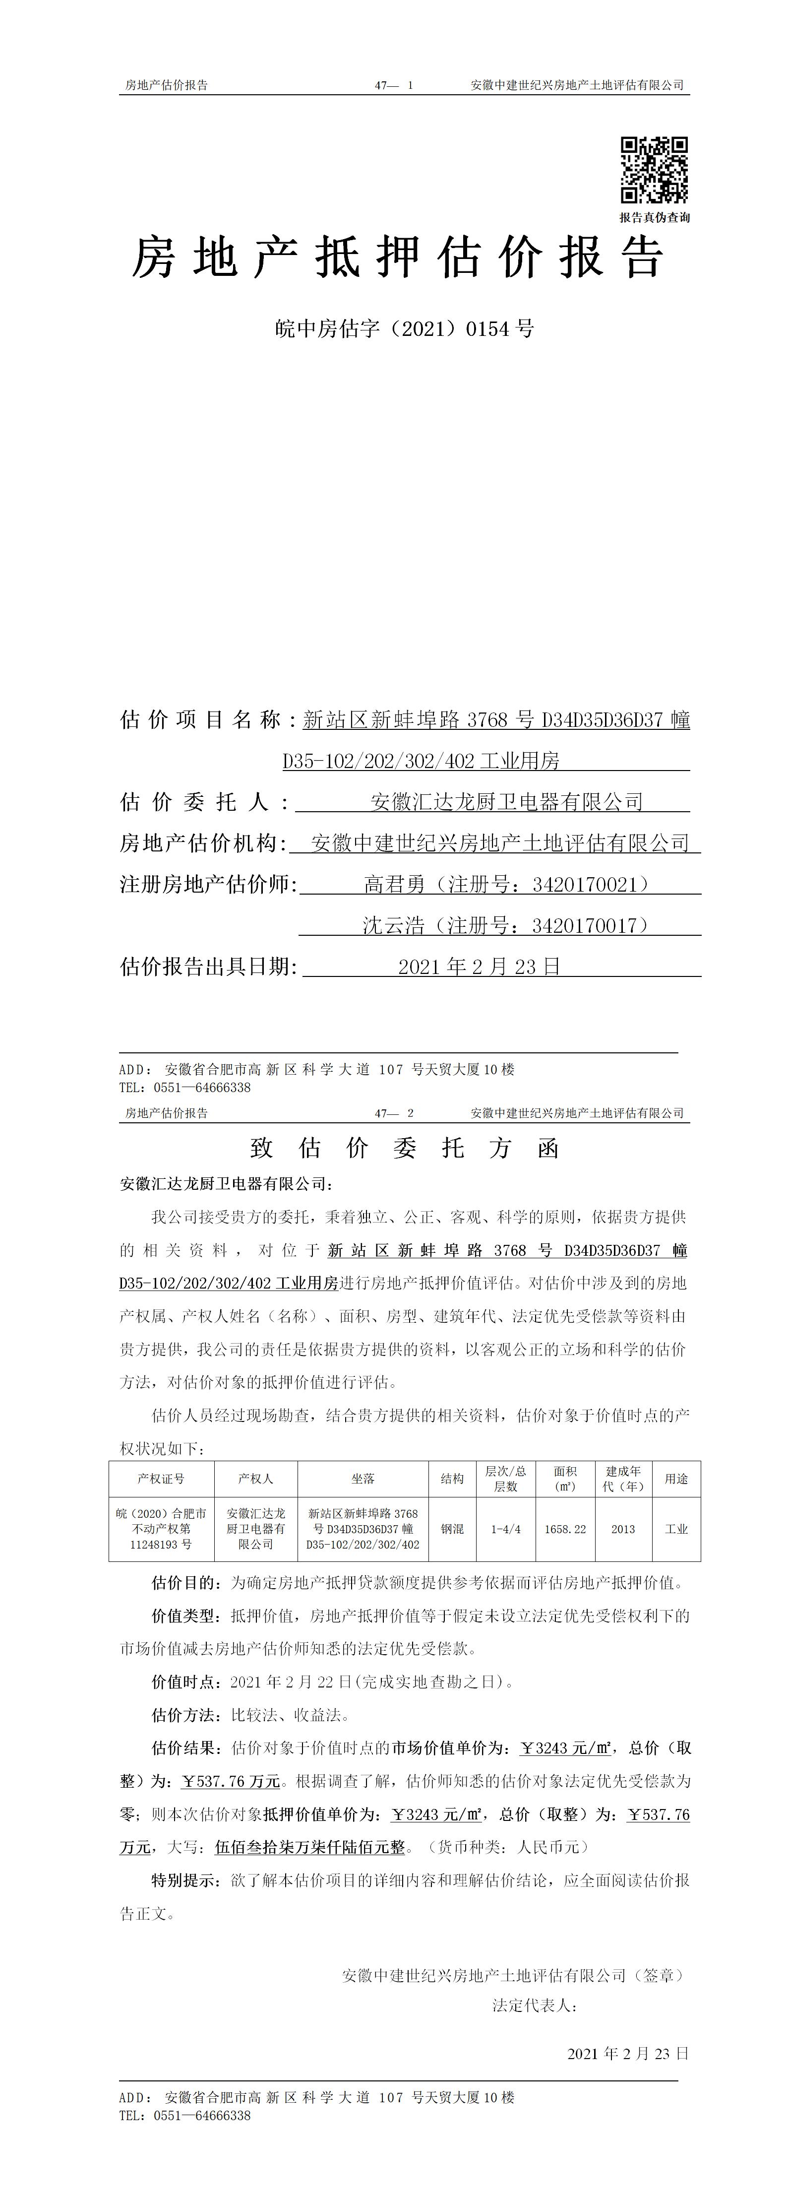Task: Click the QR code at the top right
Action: coord(654,170)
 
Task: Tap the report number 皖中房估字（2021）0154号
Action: coord(405,328)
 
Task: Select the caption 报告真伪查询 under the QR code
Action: coord(655,218)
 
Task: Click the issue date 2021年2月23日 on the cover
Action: coord(479,967)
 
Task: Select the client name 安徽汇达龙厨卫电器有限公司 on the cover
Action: coord(506,802)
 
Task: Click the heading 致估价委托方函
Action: coord(405,1148)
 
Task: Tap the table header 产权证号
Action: coord(161,1479)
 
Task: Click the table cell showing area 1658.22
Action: coord(565,1529)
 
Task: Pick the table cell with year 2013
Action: coord(623,1529)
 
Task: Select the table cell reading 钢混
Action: coord(452,1529)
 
